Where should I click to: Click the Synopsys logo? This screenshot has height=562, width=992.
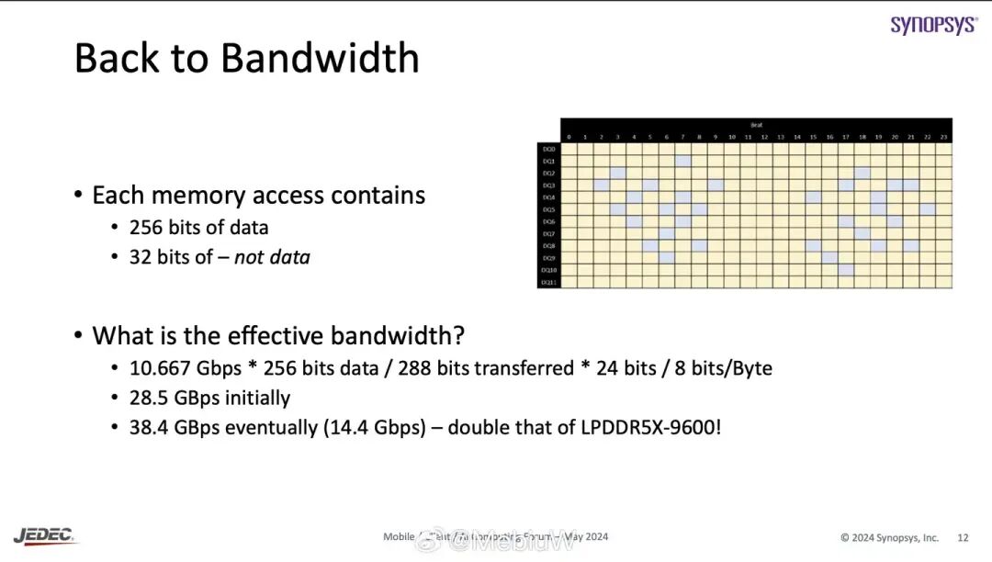933,25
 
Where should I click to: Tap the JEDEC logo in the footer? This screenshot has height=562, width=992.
46,535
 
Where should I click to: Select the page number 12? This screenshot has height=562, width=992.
963,537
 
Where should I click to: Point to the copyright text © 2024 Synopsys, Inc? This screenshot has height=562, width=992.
889,537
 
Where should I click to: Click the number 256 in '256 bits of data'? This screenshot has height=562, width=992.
146,227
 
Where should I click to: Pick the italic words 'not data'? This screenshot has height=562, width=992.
272,257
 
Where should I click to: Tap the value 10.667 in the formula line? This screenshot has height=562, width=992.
160,368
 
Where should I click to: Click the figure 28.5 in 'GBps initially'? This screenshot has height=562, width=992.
147,398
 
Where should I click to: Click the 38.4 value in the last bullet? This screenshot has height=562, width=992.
147,427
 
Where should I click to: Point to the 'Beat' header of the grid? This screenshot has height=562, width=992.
756,124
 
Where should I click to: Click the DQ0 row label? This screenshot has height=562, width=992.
548,149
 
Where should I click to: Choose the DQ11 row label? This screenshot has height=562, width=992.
548,282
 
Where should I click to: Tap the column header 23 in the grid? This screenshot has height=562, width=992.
943,137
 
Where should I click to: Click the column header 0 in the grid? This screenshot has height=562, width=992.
569,137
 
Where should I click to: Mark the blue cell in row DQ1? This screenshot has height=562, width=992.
682,161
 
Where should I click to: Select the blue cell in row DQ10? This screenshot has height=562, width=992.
846,270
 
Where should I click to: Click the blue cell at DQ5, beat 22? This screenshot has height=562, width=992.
928,209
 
